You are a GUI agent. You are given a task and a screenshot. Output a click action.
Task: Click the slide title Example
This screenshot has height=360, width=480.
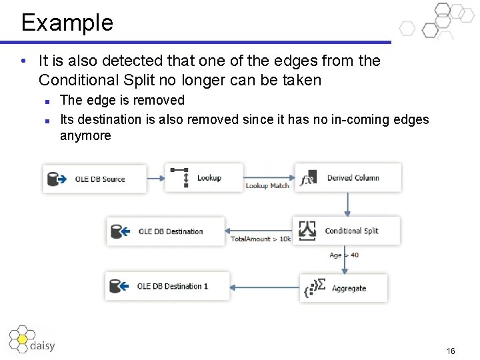[x=67, y=23]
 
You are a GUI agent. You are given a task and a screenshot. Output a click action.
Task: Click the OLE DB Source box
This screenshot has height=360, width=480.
[x=95, y=179]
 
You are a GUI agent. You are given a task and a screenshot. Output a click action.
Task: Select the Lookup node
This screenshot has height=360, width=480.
[x=196, y=178]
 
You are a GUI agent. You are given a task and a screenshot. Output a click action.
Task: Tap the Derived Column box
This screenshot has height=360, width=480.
[x=348, y=178]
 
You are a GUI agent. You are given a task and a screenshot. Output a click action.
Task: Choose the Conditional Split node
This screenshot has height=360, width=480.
[x=346, y=231]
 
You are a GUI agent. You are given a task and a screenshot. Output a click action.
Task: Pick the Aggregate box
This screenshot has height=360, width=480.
[x=343, y=289]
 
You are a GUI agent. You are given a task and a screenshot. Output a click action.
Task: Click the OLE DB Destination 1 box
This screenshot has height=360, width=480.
[x=167, y=286]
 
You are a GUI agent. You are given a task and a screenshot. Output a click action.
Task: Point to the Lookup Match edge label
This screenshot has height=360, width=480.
[x=267, y=186]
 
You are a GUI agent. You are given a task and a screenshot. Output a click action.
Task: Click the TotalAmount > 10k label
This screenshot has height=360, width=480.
[x=261, y=239]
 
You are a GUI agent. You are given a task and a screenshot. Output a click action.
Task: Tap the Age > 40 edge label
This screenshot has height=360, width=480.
[x=344, y=255]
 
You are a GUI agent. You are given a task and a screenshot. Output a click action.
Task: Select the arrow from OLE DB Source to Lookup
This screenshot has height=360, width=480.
[x=155, y=178]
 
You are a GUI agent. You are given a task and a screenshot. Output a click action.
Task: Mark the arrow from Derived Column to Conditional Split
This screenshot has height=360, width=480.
[x=347, y=204]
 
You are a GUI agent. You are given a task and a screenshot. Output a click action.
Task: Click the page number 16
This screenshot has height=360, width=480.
[x=451, y=351]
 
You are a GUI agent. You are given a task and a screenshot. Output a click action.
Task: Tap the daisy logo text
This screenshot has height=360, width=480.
[x=43, y=345]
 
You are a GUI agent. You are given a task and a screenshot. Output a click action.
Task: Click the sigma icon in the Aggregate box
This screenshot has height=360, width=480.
[x=321, y=285]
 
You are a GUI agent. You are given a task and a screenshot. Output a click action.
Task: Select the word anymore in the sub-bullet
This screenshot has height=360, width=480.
[x=85, y=136]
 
